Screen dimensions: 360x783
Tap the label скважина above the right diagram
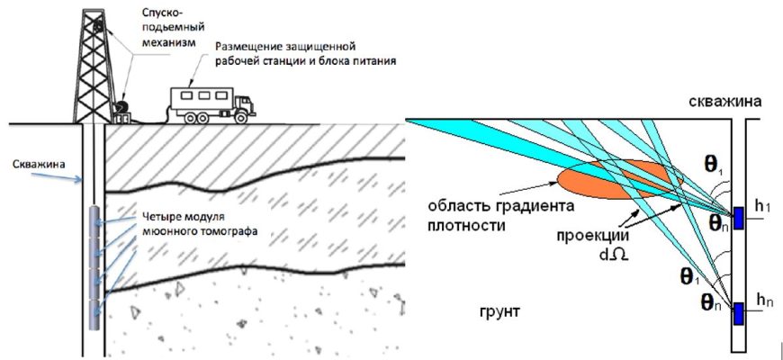(x=726, y=103)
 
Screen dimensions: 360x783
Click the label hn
(x=764, y=301)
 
